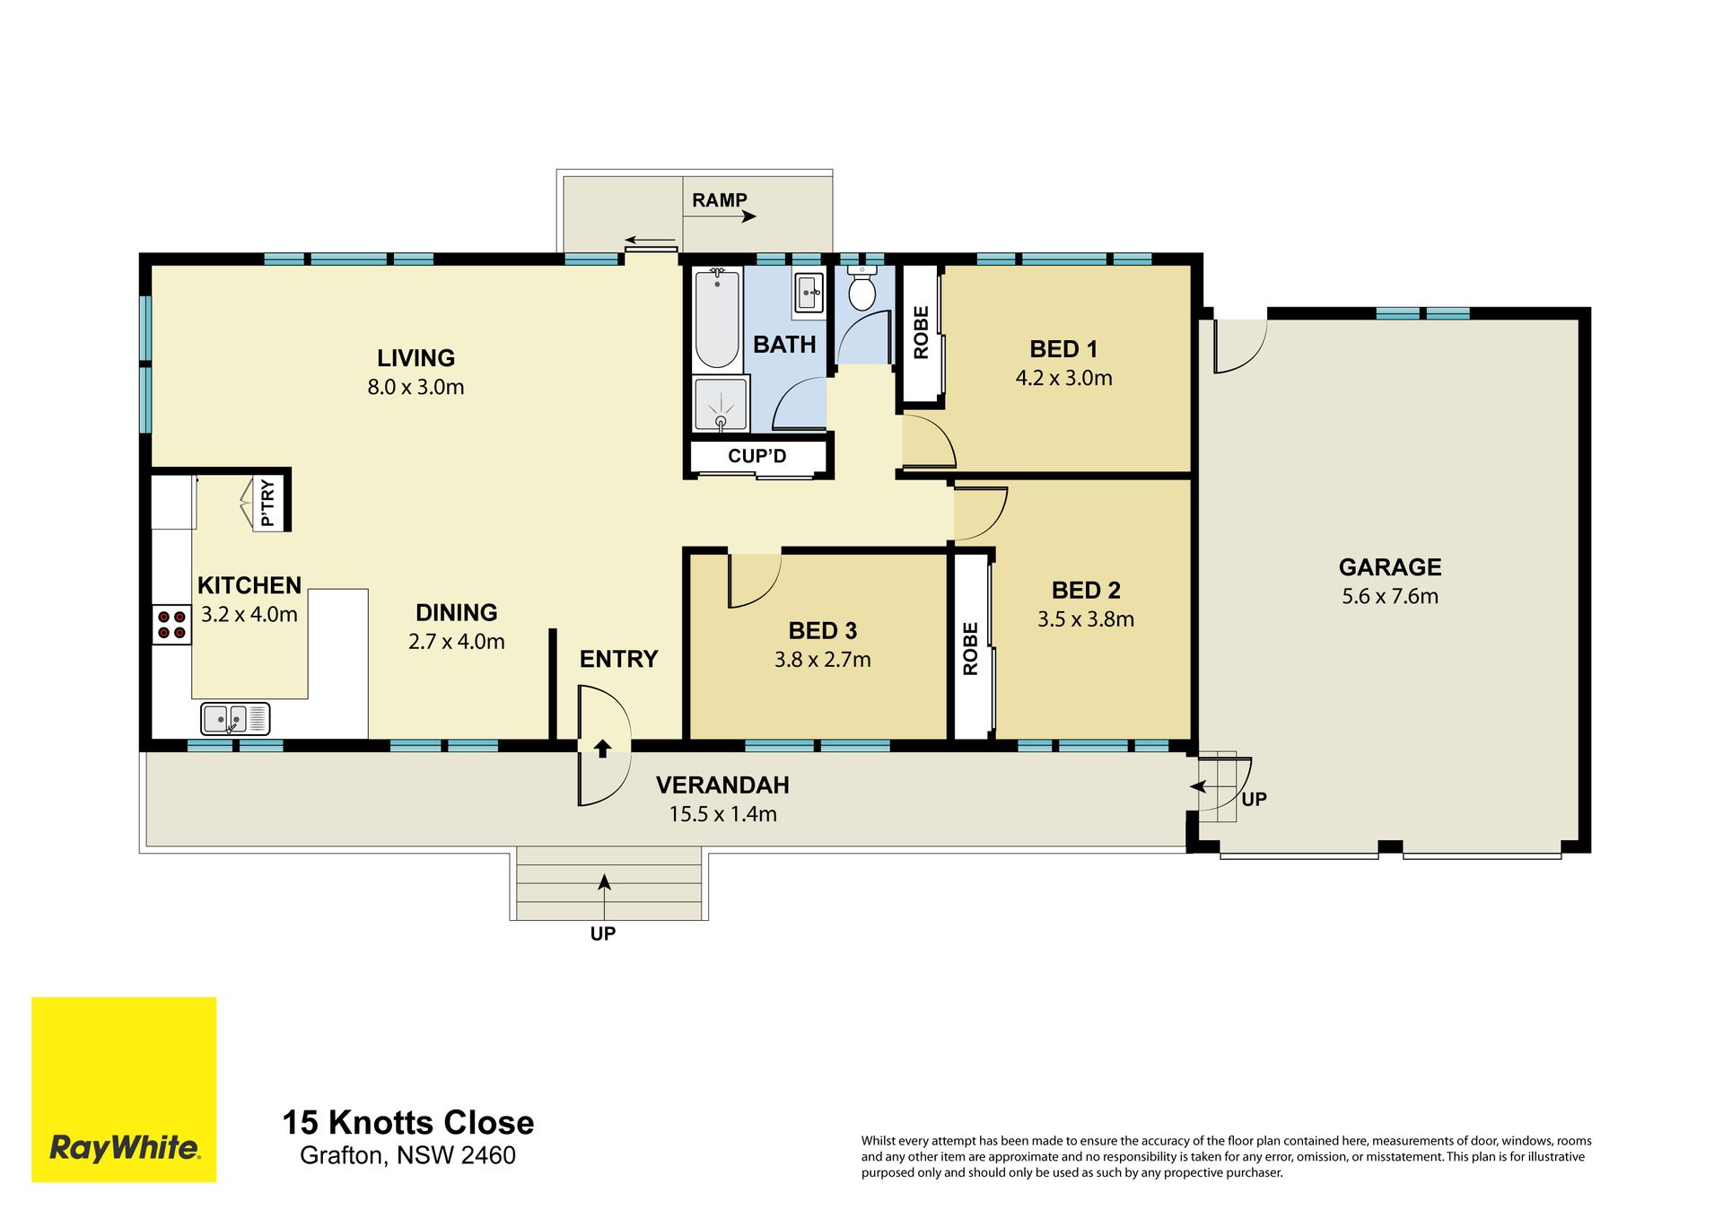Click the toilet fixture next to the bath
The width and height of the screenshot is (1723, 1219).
pos(861,286)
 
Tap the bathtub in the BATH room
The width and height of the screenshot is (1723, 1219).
pos(717,318)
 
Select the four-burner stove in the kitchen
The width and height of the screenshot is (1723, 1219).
pos(171,624)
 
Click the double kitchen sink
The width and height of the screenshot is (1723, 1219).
pos(235,718)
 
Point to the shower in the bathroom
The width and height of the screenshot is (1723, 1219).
pos(721,404)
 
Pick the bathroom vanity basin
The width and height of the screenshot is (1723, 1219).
pos(809,290)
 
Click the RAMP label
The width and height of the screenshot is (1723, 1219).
pos(720,200)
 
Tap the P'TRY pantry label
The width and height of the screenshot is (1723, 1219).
pos(267,503)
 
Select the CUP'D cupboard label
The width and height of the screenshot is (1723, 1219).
pos(757,456)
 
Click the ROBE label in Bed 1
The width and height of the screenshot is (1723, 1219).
pos(921,333)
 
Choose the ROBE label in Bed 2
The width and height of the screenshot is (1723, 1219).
pos(970,648)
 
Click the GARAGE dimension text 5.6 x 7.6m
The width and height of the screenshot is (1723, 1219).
pos(1390,596)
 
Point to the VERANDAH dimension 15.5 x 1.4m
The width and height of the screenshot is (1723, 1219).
pos(723,814)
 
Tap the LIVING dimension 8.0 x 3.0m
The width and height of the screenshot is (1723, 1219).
pos(415,387)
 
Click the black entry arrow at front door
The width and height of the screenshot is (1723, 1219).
pos(602,748)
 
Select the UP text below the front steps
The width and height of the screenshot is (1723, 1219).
pos(603,934)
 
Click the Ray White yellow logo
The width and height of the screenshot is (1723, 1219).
pos(124,1089)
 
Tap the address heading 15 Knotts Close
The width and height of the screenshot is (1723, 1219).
pos(408,1122)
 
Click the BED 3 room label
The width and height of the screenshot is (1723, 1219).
pos(823,631)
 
